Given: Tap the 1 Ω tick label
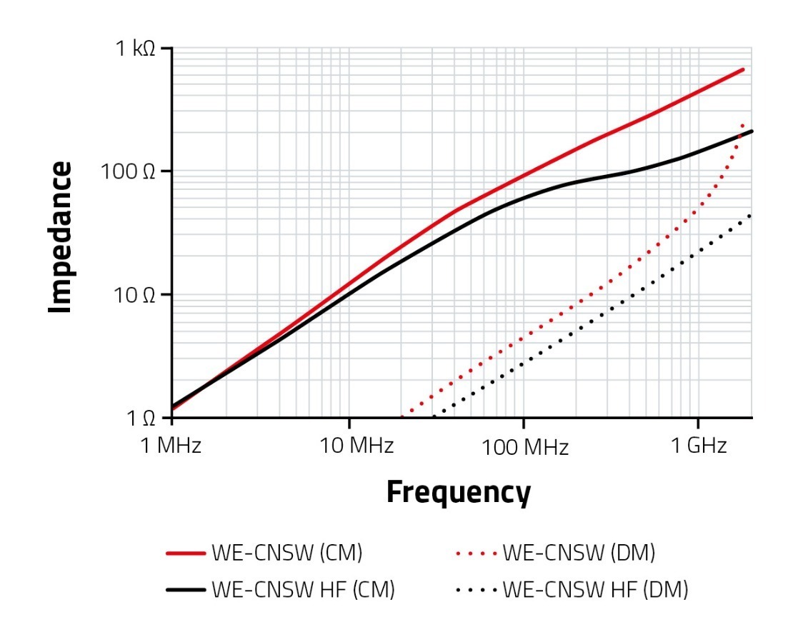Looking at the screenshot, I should click(143, 418).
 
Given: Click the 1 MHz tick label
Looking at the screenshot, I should click(171, 446).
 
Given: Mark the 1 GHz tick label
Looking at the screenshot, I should click(698, 446).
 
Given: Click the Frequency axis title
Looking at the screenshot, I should click(458, 493).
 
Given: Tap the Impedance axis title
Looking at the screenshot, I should click(61, 237).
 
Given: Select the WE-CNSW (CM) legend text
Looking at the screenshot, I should click(286, 553).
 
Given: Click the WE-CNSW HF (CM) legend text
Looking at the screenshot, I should click(302, 590).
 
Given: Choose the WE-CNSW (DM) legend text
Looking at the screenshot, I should click(579, 553).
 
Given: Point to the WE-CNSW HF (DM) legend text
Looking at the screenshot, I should click(595, 590).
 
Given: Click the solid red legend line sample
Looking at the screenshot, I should click(186, 553).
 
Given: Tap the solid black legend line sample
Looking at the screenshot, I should click(186, 590).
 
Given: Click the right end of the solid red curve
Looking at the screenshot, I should click(743, 69).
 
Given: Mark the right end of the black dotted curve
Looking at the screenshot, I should click(749, 215).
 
